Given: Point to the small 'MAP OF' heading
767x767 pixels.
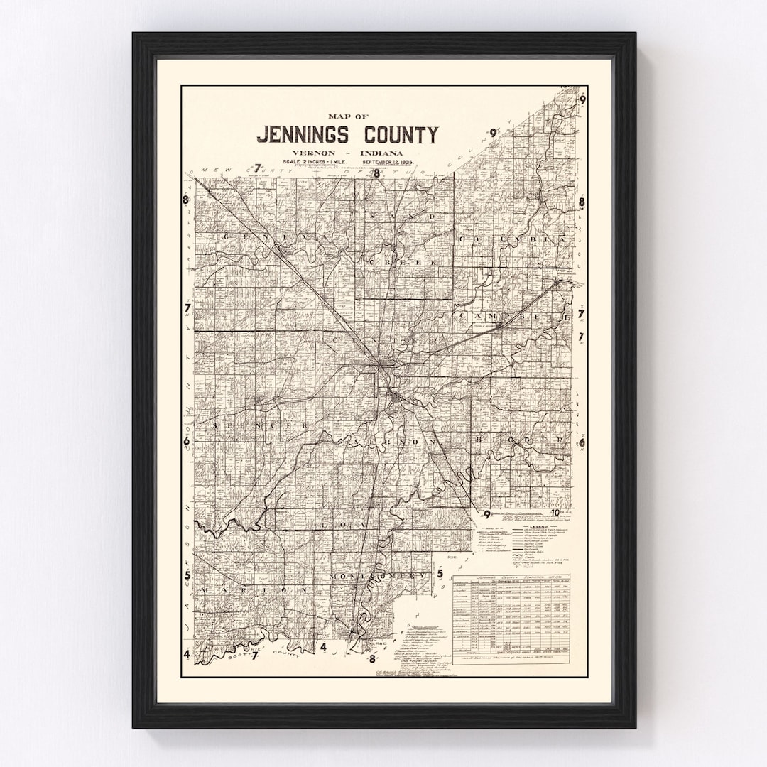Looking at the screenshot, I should (347, 115).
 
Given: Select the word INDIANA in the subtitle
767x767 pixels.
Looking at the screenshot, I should (382, 153).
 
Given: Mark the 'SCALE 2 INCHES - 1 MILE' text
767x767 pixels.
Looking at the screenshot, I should (312, 162).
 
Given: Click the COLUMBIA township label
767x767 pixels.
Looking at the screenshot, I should (514, 240).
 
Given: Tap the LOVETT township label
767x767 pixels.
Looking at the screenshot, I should (373, 523).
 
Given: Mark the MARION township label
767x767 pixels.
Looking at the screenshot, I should (256, 589).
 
